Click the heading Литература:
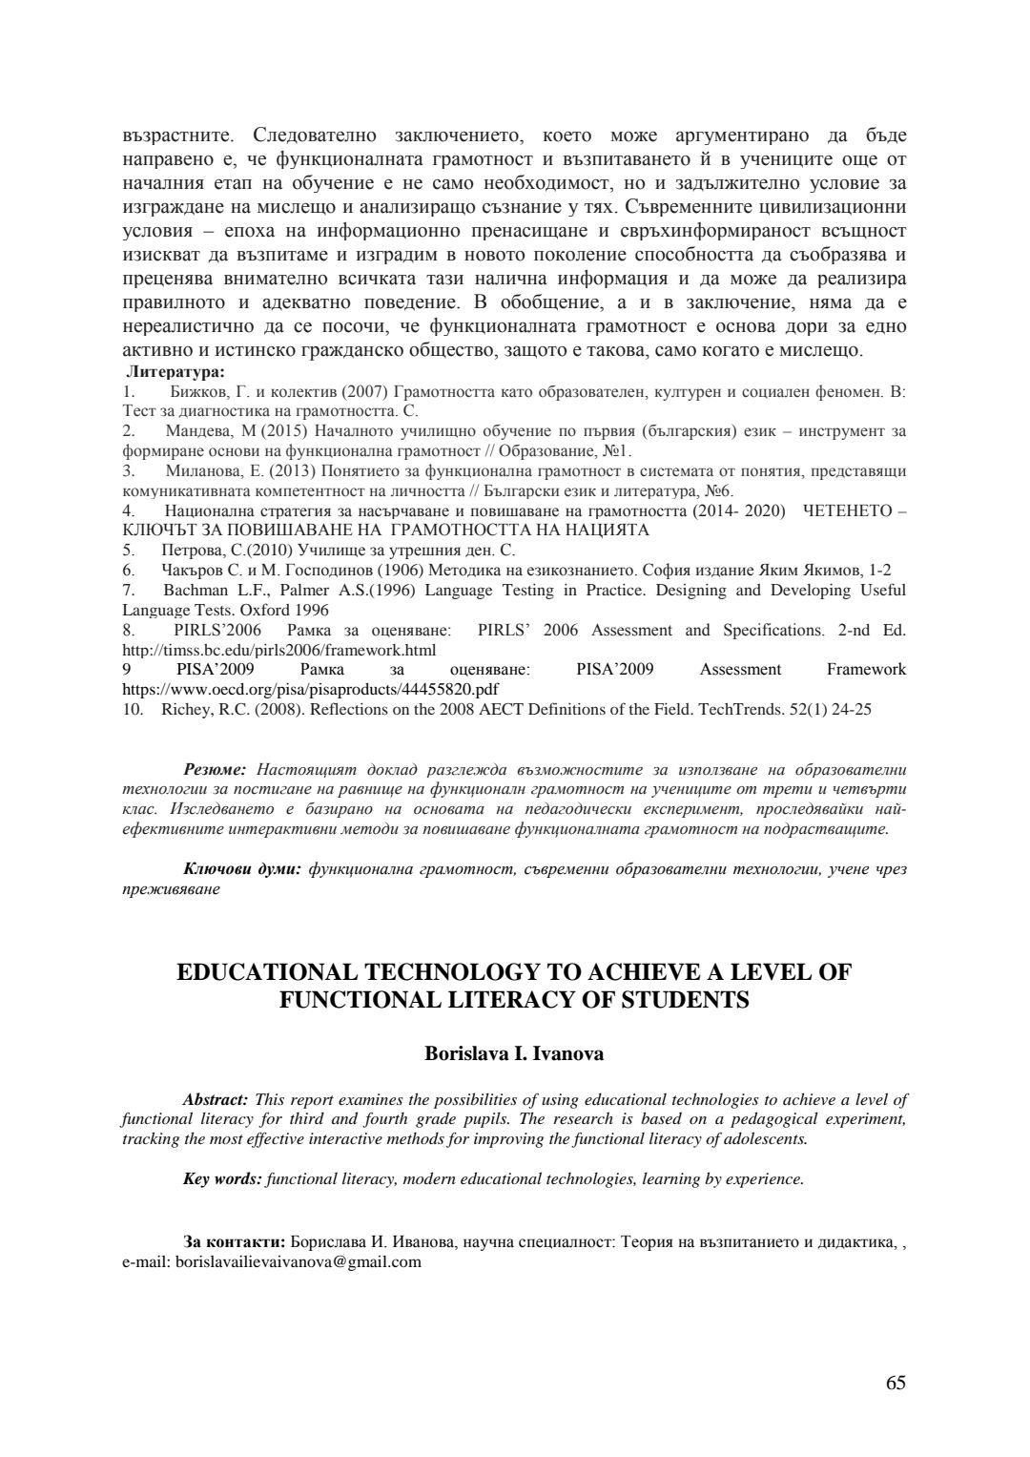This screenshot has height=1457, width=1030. (x=175, y=372)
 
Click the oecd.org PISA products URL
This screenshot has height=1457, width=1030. (x=311, y=688)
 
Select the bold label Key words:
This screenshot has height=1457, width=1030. (x=222, y=1178)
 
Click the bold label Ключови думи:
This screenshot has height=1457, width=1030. (x=242, y=869)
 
